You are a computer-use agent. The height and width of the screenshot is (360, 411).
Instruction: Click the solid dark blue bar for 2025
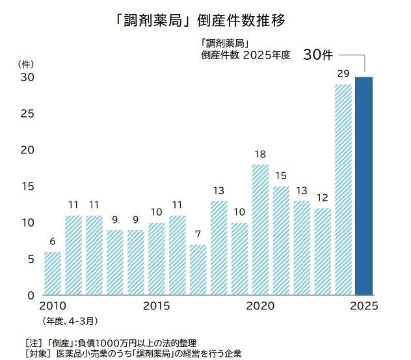pos(364,186)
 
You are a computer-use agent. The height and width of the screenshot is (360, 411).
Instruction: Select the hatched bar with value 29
pos(343,189)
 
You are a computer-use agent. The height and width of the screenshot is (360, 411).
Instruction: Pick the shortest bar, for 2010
pos(53,273)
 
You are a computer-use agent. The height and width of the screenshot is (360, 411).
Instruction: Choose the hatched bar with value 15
pos(281,240)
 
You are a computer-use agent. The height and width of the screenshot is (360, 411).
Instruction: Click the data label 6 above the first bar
pos(53,242)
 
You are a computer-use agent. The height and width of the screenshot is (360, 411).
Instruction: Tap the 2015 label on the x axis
pos(157,305)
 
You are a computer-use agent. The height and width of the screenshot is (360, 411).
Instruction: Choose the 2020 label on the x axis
pos(261,305)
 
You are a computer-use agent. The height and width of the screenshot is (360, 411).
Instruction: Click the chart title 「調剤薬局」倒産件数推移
pos(205,20)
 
